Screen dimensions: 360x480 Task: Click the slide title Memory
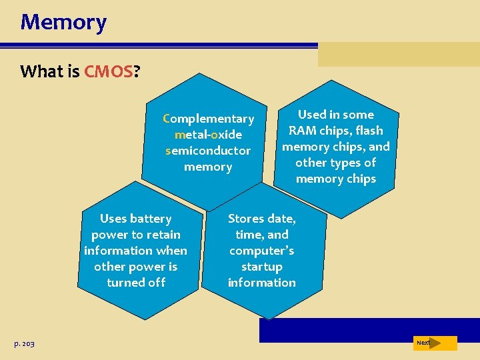click(63, 22)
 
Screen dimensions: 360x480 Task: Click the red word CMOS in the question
click(109, 71)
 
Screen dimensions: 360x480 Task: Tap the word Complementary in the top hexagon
click(209, 119)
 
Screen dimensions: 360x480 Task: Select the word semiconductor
click(208, 151)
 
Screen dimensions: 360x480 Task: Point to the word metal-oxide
click(208, 135)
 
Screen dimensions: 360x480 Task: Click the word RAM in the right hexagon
click(303, 131)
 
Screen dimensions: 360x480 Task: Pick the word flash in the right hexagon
click(369, 131)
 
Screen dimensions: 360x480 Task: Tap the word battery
click(151, 219)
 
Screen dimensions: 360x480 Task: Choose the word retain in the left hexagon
click(163, 235)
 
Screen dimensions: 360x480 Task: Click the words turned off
click(136, 283)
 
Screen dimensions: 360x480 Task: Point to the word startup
click(262, 267)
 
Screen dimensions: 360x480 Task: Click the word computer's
click(262, 251)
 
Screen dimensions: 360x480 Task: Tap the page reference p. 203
click(24, 343)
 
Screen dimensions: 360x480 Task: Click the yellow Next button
click(435, 343)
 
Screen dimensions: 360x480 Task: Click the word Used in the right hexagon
click(312, 115)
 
